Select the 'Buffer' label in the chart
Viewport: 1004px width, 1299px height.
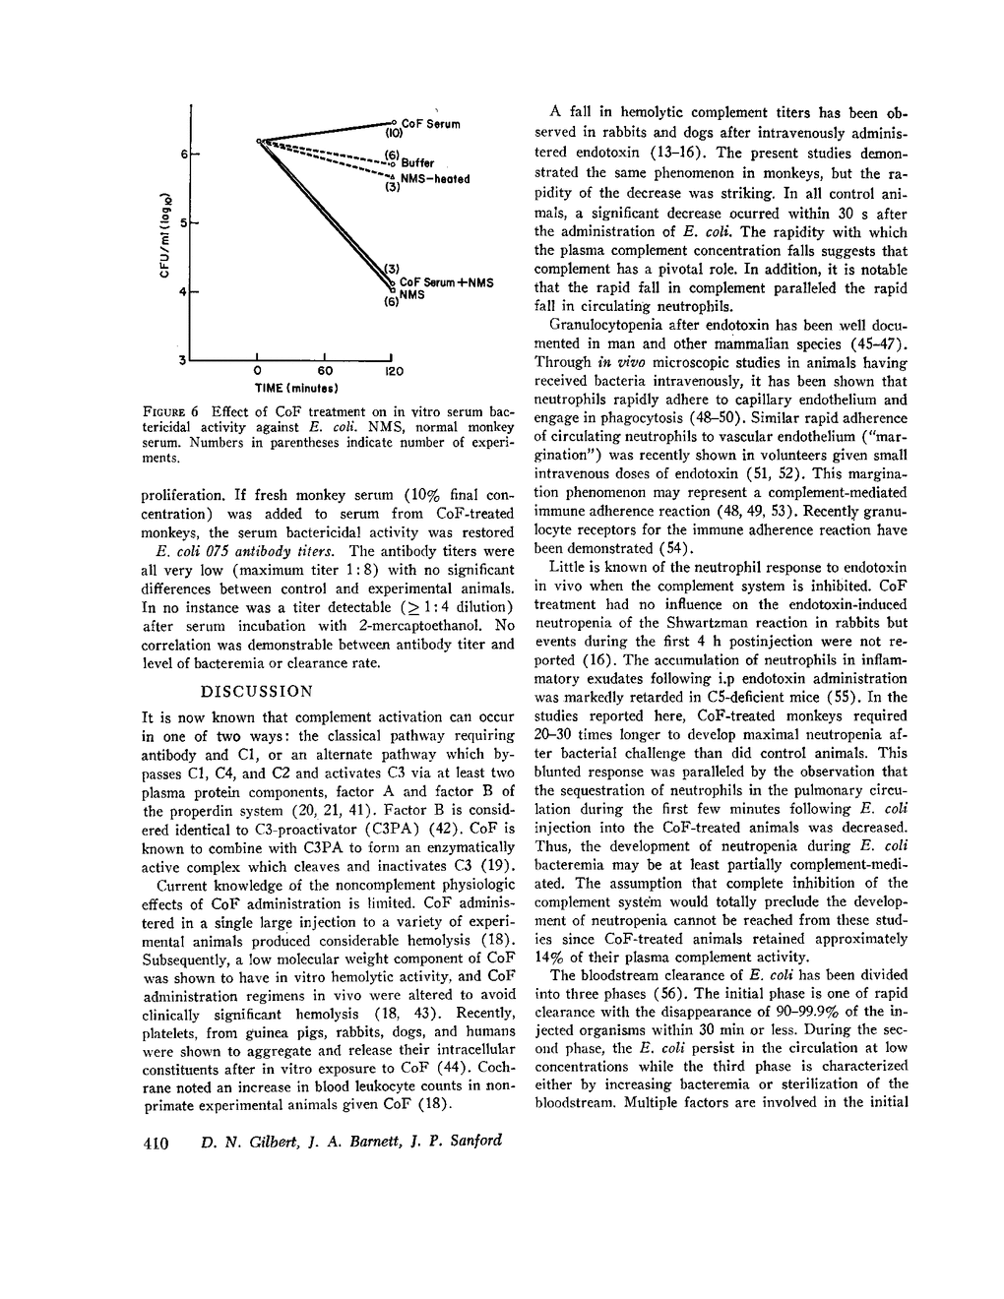416,163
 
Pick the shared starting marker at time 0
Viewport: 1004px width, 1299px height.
259,142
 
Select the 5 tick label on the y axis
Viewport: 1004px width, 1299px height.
183,223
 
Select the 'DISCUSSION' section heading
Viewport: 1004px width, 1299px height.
257,691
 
